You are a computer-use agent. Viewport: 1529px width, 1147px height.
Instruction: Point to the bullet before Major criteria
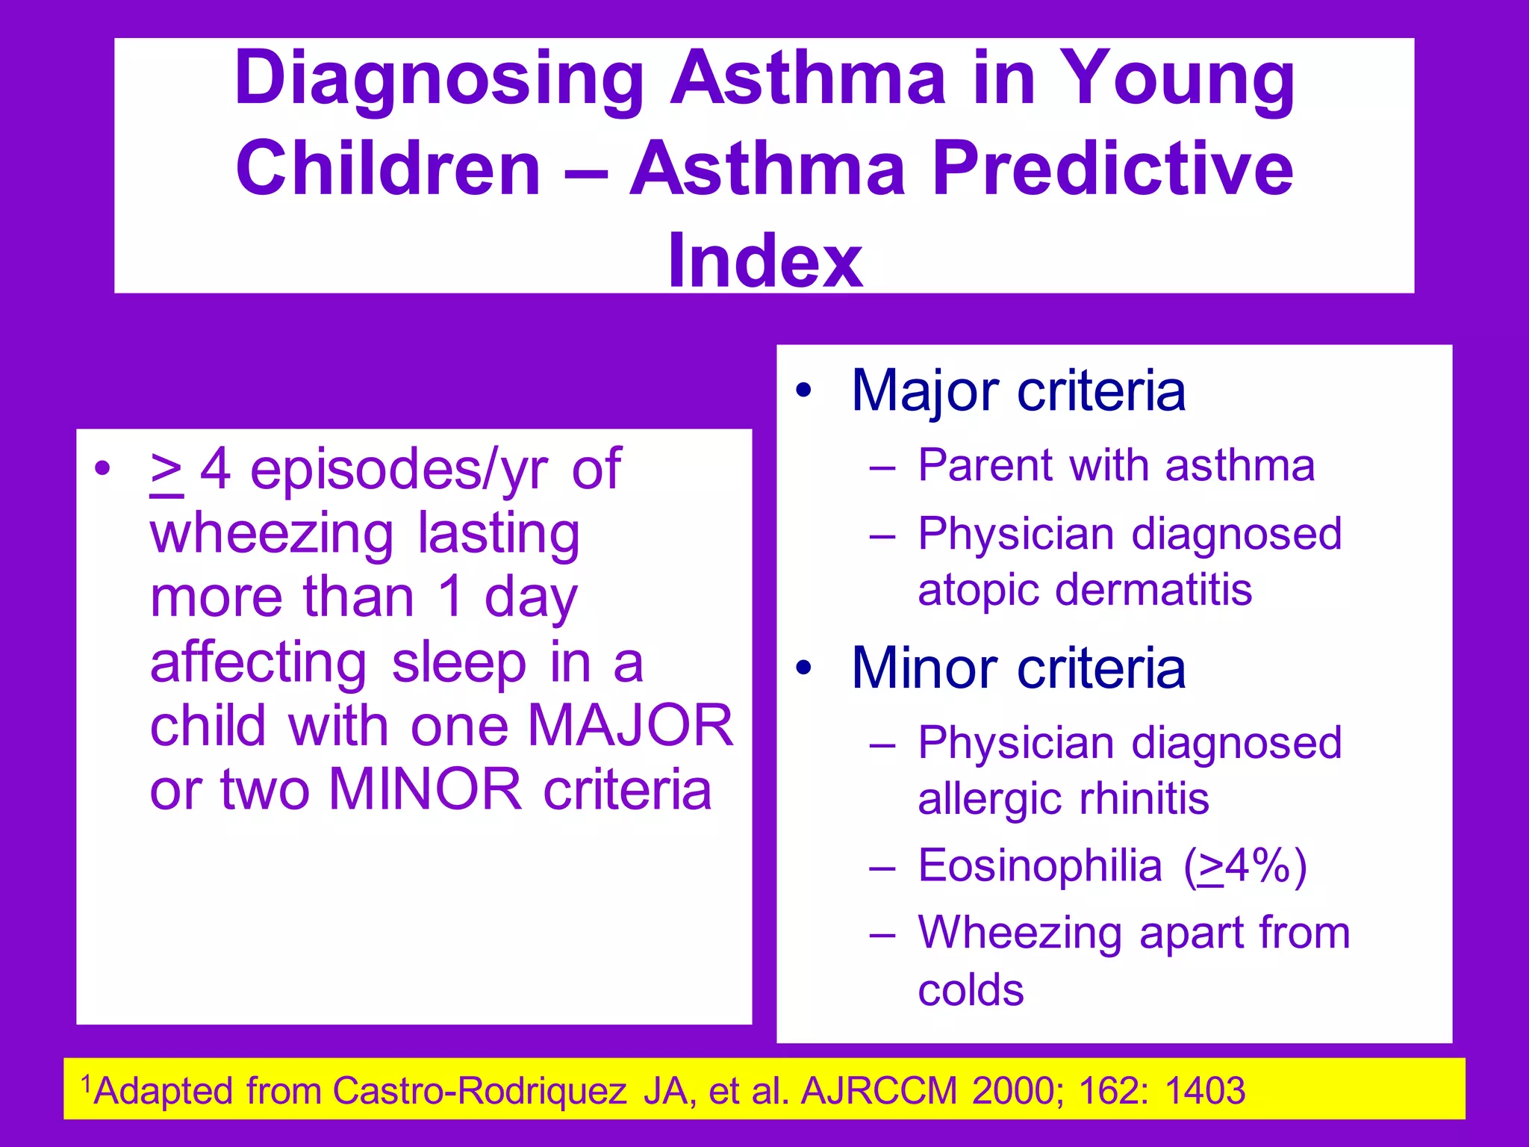click(803, 391)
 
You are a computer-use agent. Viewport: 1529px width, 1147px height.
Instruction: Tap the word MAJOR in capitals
click(631, 725)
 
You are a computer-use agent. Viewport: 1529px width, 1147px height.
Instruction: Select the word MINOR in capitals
click(425, 789)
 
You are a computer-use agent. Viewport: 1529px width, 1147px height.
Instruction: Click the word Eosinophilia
click(1040, 866)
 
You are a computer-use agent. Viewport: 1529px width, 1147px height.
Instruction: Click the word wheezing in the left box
click(271, 535)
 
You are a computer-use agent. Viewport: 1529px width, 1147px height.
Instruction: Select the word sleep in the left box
click(459, 663)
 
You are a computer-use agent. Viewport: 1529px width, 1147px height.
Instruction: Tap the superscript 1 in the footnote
click(86, 1082)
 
